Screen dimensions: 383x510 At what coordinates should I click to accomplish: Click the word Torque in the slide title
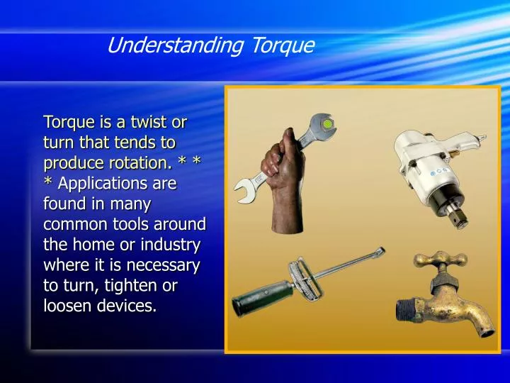point(282,46)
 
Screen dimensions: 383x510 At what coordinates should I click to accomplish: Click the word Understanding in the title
point(174,46)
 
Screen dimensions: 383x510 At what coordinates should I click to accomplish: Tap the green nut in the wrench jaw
point(327,125)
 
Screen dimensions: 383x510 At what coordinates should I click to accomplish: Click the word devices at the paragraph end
point(126,307)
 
